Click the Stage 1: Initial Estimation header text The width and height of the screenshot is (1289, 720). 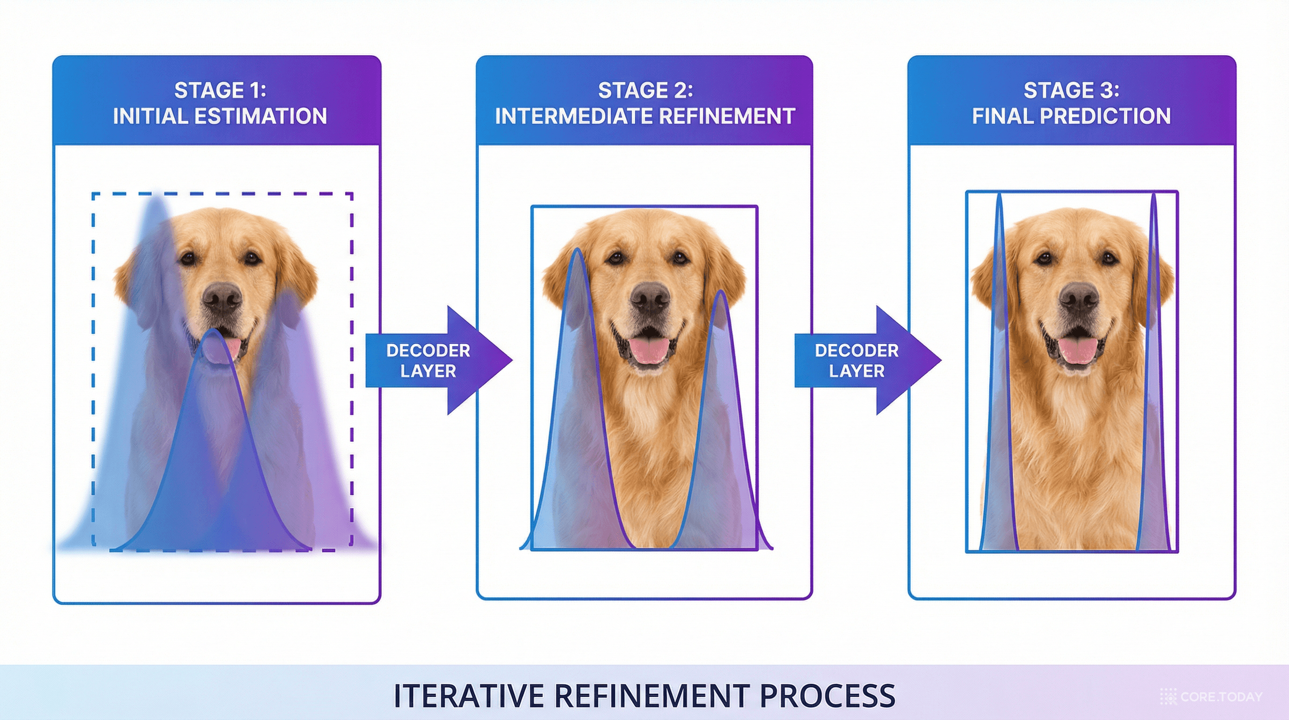(220, 103)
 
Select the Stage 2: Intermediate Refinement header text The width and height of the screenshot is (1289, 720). (645, 103)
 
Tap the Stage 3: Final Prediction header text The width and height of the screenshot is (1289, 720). (1071, 103)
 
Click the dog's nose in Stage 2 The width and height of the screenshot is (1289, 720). (650, 297)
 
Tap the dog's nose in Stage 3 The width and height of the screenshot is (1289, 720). (1079, 297)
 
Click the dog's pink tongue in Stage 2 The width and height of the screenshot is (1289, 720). (650, 349)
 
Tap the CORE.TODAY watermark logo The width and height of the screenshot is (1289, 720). (1211, 697)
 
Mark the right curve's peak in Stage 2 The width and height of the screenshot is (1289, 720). (721, 292)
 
